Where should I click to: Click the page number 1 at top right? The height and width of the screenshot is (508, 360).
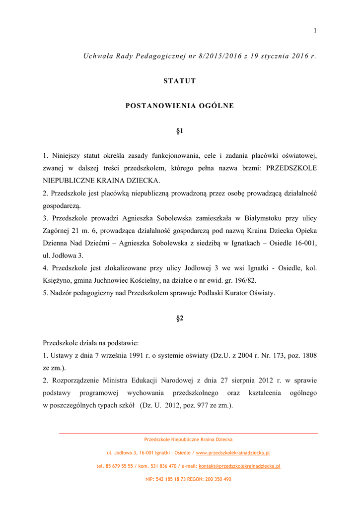point(315,31)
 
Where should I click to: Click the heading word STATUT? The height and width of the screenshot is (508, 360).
point(180,81)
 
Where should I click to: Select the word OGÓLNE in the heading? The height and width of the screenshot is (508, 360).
point(217,106)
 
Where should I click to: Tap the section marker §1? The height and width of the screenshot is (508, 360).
point(180,131)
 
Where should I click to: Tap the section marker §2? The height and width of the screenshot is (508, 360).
point(180,318)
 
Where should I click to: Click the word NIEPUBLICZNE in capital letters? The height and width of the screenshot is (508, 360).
point(66,181)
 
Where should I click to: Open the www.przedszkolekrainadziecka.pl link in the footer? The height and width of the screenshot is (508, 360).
point(233,453)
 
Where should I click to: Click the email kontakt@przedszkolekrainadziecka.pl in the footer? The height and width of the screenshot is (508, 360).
point(239,466)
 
